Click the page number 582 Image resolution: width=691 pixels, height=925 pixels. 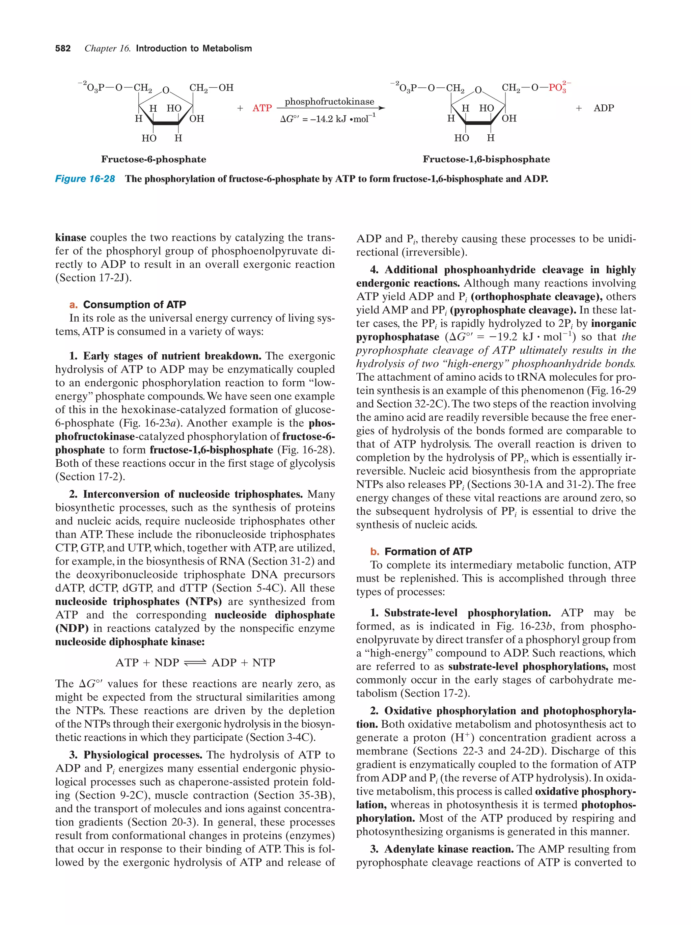[x=63, y=49]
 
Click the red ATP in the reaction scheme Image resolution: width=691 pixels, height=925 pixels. [x=262, y=108]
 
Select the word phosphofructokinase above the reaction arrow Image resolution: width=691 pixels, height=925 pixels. [x=329, y=102]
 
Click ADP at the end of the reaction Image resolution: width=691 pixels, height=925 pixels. [x=603, y=108]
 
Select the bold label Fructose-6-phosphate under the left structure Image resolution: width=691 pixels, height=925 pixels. [x=154, y=159]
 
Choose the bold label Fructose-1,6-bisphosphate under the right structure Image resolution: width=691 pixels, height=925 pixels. [x=486, y=159]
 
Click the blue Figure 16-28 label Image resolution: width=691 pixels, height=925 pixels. [x=85, y=179]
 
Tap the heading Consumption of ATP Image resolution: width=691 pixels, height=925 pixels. [x=134, y=304]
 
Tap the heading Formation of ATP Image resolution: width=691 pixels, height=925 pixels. [x=428, y=551]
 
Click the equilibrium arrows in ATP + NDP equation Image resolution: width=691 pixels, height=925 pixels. [x=195, y=663]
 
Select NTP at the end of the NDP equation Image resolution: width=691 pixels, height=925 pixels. [x=264, y=663]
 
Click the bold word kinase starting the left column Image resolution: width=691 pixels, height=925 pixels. [x=71, y=238]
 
